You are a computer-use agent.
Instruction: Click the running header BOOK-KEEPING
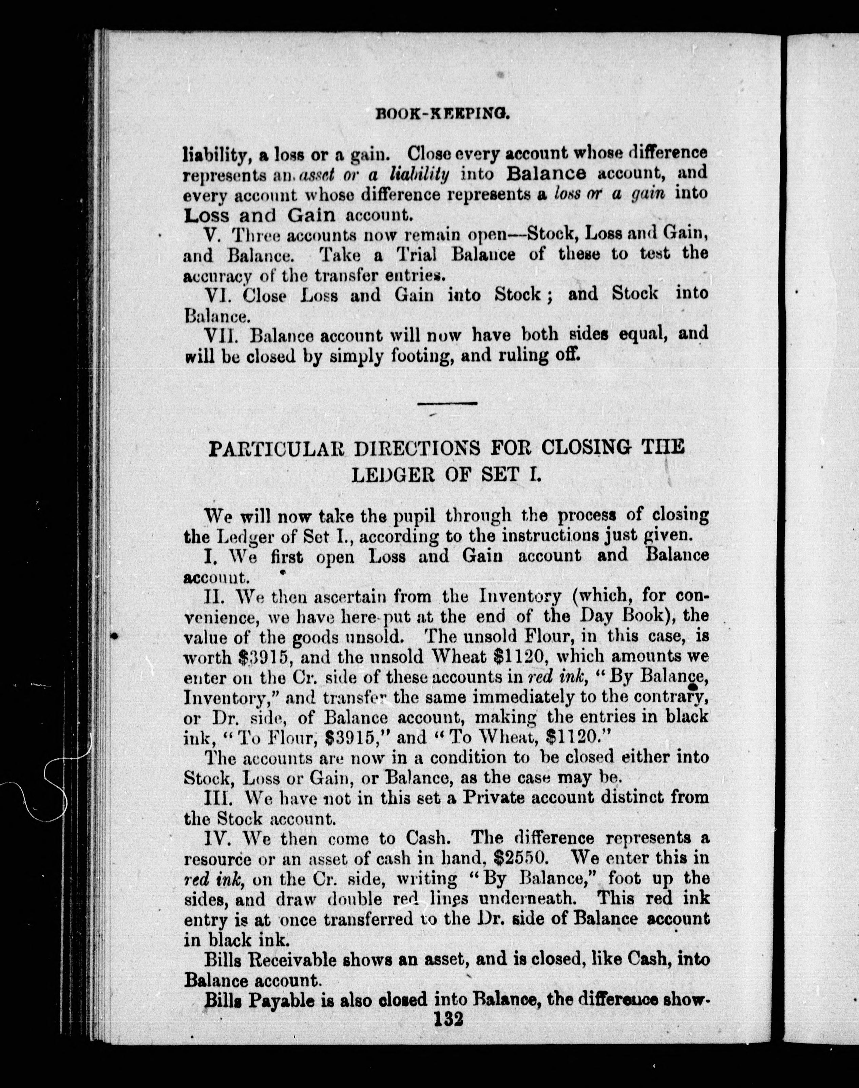(x=443, y=115)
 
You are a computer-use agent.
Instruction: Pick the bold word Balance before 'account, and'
(x=547, y=173)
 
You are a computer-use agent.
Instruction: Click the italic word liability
(x=419, y=174)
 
